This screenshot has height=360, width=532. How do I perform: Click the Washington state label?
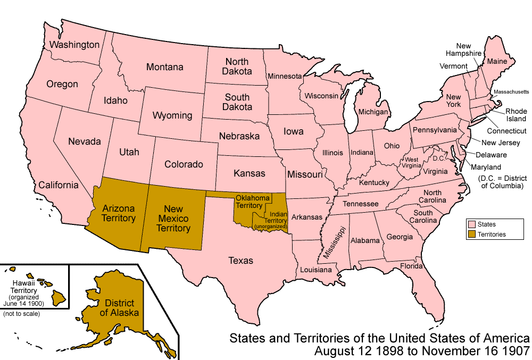tap(74, 45)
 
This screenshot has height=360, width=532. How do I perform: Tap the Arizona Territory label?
tap(119, 213)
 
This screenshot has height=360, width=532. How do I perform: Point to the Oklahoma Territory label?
tap(253, 202)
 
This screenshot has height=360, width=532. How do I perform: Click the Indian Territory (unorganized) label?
tap(271, 220)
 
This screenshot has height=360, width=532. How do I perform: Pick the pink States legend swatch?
tap(471, 224)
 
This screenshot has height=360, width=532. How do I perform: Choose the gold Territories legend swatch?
tap(471, 234)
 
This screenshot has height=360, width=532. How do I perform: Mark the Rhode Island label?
tap(516, 115)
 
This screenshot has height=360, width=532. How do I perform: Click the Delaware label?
tap(492, 155)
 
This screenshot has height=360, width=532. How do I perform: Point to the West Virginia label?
tap(412, 163)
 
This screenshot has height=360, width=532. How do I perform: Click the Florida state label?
tap(411, 266)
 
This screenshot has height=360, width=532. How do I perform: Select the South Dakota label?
tap(237, 102)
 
